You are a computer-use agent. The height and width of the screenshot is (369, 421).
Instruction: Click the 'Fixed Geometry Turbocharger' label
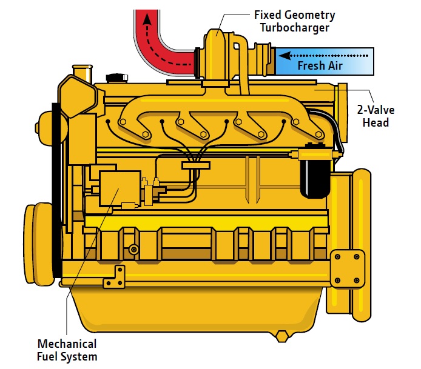tap(295, 21)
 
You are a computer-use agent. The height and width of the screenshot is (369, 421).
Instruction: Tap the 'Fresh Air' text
tap(320, 65)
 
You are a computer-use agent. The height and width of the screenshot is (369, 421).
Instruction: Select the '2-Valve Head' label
tap(376, 116)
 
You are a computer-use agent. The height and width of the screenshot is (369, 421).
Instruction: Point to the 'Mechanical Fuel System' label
tap(67, 350)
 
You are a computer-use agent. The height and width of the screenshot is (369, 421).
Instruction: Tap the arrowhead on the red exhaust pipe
tap(147, 19)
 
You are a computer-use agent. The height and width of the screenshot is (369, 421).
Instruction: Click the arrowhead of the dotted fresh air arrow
tap(285, 56)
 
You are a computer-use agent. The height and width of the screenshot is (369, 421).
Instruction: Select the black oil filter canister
tap(315, 178)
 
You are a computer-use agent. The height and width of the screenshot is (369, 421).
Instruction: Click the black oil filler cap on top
tap(117, 78)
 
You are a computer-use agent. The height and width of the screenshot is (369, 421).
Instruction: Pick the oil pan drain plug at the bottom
tap(281, 337)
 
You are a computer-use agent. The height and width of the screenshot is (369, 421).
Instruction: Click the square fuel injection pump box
tap(120, 188)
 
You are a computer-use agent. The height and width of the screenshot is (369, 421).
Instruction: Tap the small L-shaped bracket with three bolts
tap(115, 278)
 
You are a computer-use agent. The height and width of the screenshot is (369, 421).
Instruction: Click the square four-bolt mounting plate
tap(347, 268)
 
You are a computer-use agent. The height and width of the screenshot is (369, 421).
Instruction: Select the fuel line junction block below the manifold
tap(196, 165)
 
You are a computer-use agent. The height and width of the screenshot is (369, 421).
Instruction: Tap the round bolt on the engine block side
tap(133, 250)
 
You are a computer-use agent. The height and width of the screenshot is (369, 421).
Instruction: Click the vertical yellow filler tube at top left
tap(83, 74)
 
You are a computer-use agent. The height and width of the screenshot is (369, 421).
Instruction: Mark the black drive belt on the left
tap(56, 190)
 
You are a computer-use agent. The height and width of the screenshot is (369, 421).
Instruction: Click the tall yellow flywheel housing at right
tap(349, 244)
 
